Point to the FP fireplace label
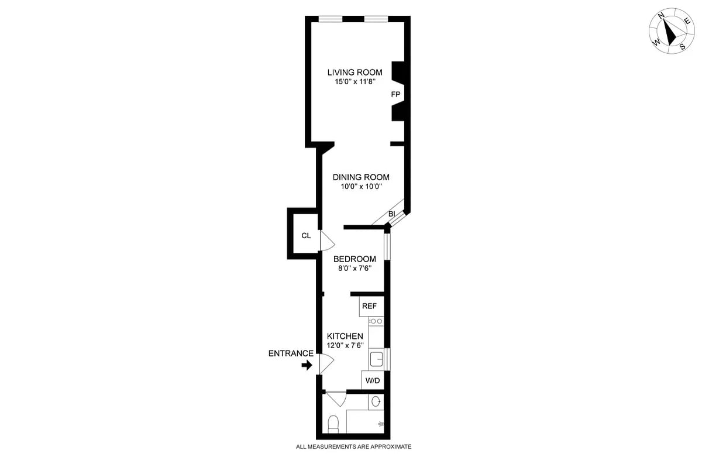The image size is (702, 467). pyautogui.click(x=395, y=94)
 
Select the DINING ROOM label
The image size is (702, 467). pyautogui.click(x=361, y=177)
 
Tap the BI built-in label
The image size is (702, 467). pyautogui.click(x=391, y=214)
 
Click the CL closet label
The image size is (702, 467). pyautogui.click(x=305, y=236)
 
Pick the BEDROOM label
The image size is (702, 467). pyautogui.click(x=355, y=259)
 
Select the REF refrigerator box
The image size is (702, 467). pyautogui.click(x=370, y=306)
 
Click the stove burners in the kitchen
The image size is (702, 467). pyautogui.click(x=376, y=321)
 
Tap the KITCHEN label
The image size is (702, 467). pyautogui.click(x=345, y=336)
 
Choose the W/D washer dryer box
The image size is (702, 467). pyautogui.click(x=373, y=381)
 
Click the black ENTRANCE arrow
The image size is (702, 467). pyautogui.click(x=307, y=365)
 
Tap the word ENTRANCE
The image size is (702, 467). pyautogui.click(x=291, y=353)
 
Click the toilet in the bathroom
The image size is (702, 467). pyautogui.click(x=333, y=424)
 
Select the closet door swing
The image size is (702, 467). pyautogui.click(x=326, y=241)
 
